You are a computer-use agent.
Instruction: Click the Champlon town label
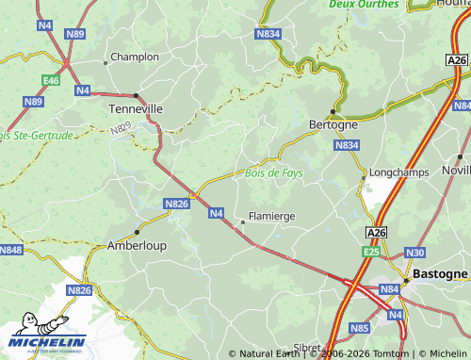click(x=135, y=57)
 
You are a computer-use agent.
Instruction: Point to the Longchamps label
click(x=399, y=172)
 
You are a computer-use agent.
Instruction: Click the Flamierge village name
click(x=271, y=216)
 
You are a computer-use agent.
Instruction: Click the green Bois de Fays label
click(x=274, y=172)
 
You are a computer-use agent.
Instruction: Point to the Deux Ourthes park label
click(x=364, y=5)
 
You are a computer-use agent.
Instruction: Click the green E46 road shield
click(x=51, y=81)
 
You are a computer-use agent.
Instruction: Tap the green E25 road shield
click(x=372, y=253)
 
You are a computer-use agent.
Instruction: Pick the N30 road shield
click(x=415, y=253)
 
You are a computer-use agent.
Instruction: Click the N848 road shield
click(x=10, y=250)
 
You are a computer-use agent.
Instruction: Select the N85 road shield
click(x=359, y=328)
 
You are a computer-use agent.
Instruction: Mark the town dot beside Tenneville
click(x=137, y=96)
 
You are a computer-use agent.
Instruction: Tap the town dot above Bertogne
click(x=333, y=110)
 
